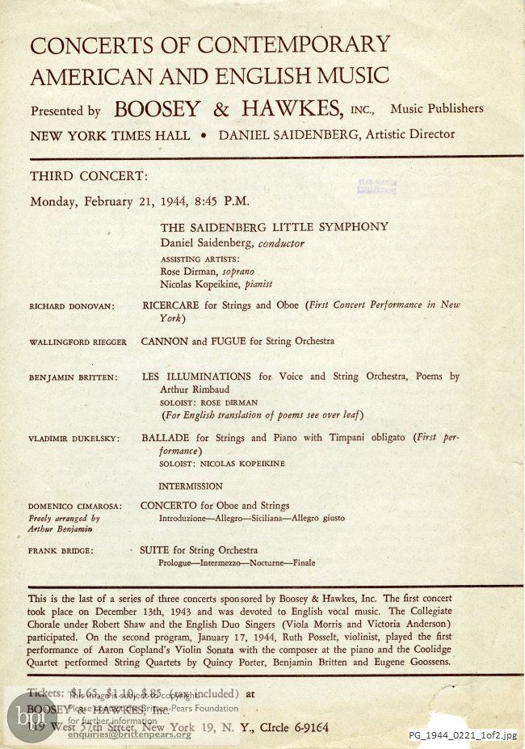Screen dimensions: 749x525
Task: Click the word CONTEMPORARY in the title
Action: coord(295,44)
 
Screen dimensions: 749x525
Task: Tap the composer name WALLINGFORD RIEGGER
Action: coord(78,342)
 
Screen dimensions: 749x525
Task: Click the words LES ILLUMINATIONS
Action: coord(196,377)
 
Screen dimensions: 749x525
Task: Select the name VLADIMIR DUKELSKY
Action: coord(73,439)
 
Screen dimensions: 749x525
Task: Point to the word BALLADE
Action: coord(165,438)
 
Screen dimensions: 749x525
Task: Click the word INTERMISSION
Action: coord(191,486)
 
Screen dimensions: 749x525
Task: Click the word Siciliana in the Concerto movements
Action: coord(261,519)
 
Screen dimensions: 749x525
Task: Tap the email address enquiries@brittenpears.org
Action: coord(129,734)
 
